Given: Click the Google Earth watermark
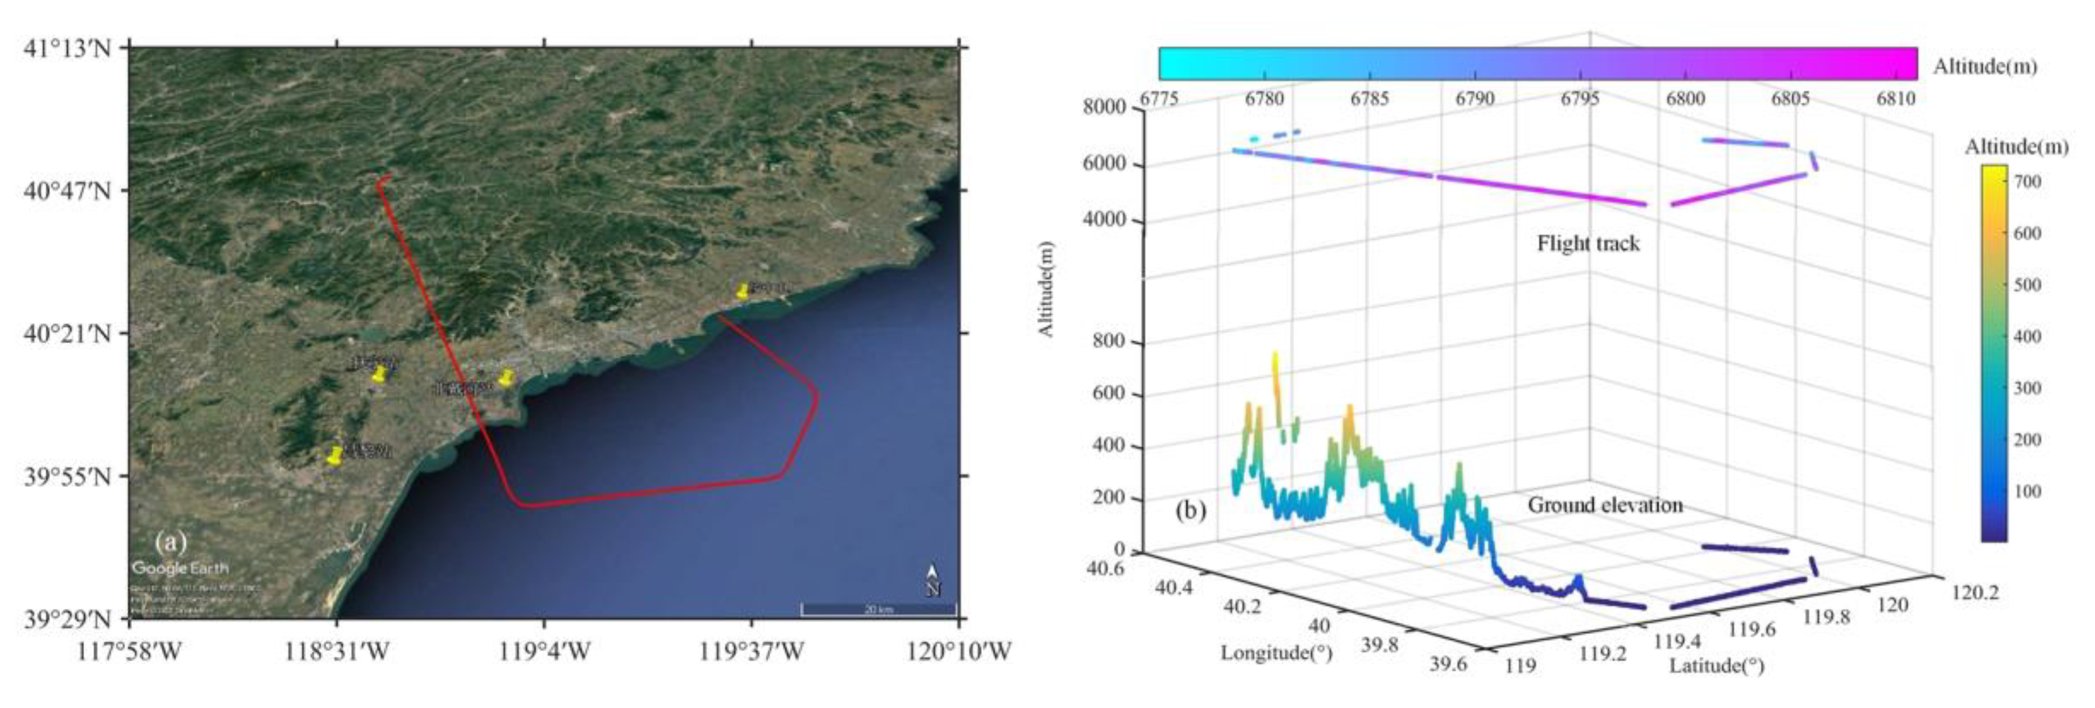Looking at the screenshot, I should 180,568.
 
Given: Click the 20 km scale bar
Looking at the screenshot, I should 878,609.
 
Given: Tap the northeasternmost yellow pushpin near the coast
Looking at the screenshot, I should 742,291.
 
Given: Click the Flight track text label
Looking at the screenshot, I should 1588,244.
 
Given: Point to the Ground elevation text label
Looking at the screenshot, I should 1605,505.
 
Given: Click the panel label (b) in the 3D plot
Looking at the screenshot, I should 1191,511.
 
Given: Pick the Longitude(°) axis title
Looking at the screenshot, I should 1275,653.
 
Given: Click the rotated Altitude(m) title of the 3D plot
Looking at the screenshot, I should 1046,289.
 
